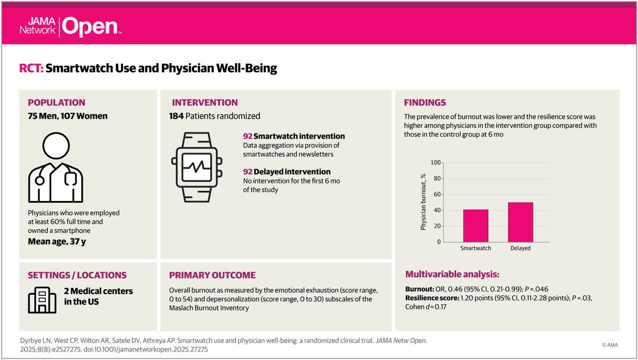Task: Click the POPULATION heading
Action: click(56, 103)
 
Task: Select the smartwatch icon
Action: click(196, 166)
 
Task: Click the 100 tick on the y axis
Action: click(435, 163)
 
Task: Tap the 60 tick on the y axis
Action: click(437, 195)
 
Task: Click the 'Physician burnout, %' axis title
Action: click(424, 202)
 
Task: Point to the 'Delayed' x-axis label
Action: click(519, 248)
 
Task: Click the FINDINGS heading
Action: click(425, 103)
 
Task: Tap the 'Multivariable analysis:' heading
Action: click(452, 274)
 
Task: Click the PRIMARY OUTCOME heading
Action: click(212, 275)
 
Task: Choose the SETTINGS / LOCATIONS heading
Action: click(77, 275)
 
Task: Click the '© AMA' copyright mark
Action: click(611, 345)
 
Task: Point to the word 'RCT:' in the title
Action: click(31, 68)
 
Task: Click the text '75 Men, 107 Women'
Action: click(68, 116)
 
